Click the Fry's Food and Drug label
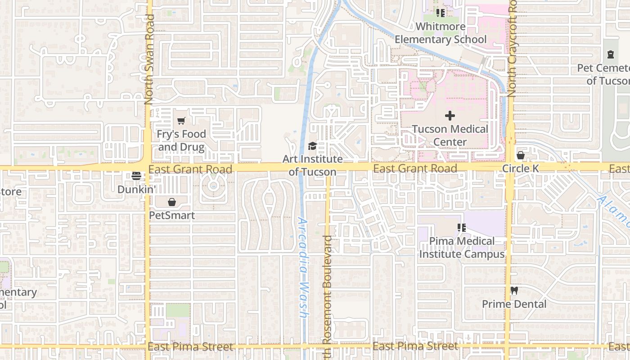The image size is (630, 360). [181, 140]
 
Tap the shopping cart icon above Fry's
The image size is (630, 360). [181, 121]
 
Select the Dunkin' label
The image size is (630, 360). [136, 189]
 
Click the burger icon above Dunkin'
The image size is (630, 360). [136, 176]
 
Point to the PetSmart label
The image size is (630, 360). [172, 216]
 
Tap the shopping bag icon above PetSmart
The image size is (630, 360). [172, 202]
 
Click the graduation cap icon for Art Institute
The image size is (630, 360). [312, 146]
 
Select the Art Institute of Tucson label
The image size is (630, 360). [312, 166]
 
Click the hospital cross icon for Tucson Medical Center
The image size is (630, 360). [450, 116]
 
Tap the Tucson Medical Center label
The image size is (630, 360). [450, 135]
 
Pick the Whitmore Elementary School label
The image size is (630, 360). [441, 33]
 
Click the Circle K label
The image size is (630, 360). [521, 169]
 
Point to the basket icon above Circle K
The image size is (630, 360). [521, 155]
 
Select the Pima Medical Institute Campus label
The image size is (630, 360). [462, 247]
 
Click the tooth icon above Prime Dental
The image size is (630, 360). [514, 291]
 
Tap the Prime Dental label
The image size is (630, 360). [514, 304]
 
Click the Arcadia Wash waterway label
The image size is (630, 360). [303, 269]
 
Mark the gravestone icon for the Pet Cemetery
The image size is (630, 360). [610, 55]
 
